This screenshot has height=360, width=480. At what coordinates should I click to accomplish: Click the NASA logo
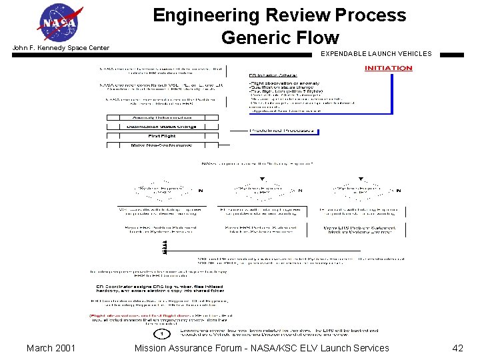click(59, 23)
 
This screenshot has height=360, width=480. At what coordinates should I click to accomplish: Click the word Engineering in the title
click(207, 15)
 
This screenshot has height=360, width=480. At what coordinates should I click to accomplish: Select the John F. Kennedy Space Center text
click(61, 48)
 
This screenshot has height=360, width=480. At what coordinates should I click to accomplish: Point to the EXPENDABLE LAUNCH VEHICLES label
click(376, 53)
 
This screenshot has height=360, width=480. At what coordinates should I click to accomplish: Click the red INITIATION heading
click(388, 68)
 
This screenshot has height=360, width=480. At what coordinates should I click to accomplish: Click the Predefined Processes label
click(281, 131)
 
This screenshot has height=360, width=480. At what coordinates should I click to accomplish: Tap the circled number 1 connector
click(161, 333)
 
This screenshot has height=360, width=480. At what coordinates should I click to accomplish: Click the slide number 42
click(457, 348)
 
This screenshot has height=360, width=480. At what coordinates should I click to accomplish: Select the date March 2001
click(51, 348)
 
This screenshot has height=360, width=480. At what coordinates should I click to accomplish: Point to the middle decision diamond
click(263, 191)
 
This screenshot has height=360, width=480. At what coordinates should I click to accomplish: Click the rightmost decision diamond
click(361, 191)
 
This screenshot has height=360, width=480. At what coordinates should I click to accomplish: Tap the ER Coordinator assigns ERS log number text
click(160, 287)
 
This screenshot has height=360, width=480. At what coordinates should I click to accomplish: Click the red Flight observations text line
click(160, 315)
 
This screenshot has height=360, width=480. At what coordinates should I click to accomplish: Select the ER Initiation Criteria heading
click(273, 75)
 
